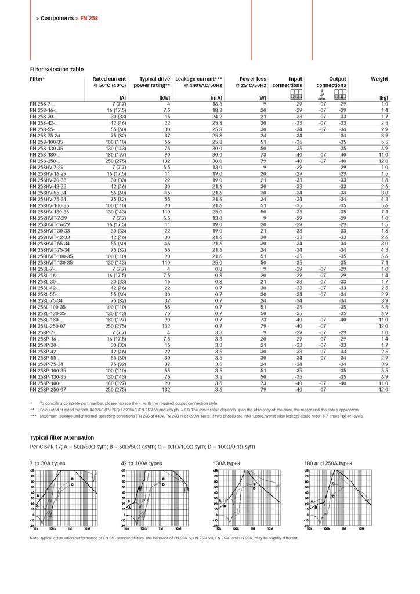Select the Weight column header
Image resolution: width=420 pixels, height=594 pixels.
pos(379,79)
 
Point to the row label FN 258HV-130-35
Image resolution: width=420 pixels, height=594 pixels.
pos(50,212)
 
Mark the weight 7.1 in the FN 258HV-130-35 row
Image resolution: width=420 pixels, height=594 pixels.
pos(385,212)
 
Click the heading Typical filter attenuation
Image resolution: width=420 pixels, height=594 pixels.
pos(61,437)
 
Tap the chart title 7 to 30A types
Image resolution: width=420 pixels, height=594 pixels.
pos(48,463)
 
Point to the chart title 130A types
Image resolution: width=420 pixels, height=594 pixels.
pos(227,463)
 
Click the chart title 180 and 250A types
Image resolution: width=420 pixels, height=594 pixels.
pos(328,463)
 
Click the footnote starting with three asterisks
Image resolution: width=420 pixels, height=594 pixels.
pos(197,416)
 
